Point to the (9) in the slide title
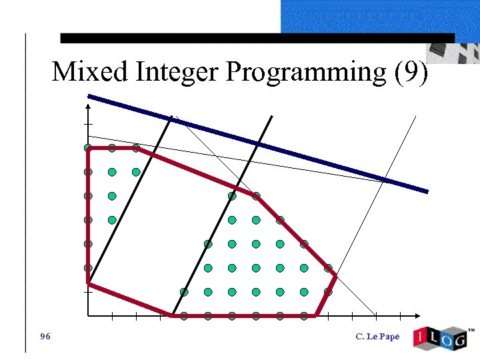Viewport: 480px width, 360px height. (x=411, y=72)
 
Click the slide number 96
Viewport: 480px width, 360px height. (x=45, y=336)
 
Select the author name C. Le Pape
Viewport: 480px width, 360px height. (x=377, y=337)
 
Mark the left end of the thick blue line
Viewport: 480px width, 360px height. (x=89, y=97)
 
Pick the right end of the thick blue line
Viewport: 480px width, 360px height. (x=427, y=191)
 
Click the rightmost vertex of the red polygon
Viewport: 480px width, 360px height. (x=335, y=275)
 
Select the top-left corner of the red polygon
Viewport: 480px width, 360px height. (x=88, y=148)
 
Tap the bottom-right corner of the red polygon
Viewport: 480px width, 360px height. (x=316, y=315)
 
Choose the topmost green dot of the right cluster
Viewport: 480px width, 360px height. (x=232, y=196)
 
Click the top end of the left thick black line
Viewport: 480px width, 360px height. (x=172, y=117)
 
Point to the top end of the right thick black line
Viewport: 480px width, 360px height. (x=272, y=117)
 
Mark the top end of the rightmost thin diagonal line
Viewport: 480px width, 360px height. (x=415, y=117)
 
